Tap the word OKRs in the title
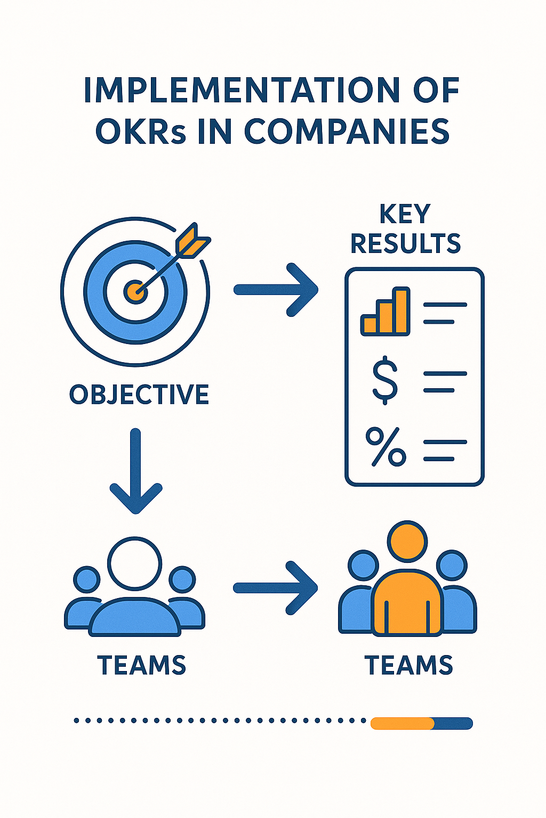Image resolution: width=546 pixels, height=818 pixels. [141, 132]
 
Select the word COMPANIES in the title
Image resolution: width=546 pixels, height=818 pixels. [347, 132]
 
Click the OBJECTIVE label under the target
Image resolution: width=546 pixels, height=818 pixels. [139, 395]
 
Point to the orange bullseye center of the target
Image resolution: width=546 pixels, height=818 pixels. [135, 291]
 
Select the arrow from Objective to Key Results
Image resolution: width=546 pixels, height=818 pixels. [276, 290]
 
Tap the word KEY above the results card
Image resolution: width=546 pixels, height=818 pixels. [405, 215]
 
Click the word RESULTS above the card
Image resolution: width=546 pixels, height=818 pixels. [405, 244]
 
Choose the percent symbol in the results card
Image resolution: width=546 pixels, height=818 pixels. [386, 447]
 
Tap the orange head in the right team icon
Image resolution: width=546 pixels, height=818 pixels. [407, 541]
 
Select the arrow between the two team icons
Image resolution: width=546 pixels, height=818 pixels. [276, 588]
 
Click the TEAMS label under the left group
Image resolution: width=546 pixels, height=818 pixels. [141, 666]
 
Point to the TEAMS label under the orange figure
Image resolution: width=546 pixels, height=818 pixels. [408, 666]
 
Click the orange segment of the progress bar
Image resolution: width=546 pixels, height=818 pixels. [402, 723]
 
